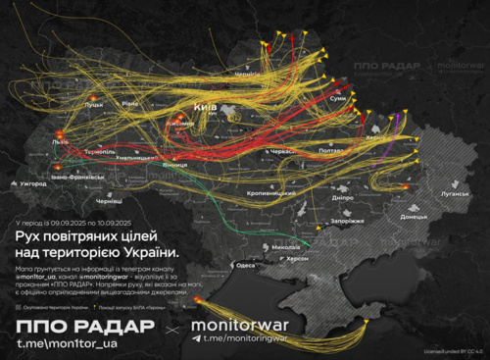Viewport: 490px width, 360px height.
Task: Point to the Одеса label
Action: coord(246,264)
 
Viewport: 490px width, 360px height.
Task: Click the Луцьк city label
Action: coord(94,104)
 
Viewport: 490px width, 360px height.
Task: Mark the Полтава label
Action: coord(331,151)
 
